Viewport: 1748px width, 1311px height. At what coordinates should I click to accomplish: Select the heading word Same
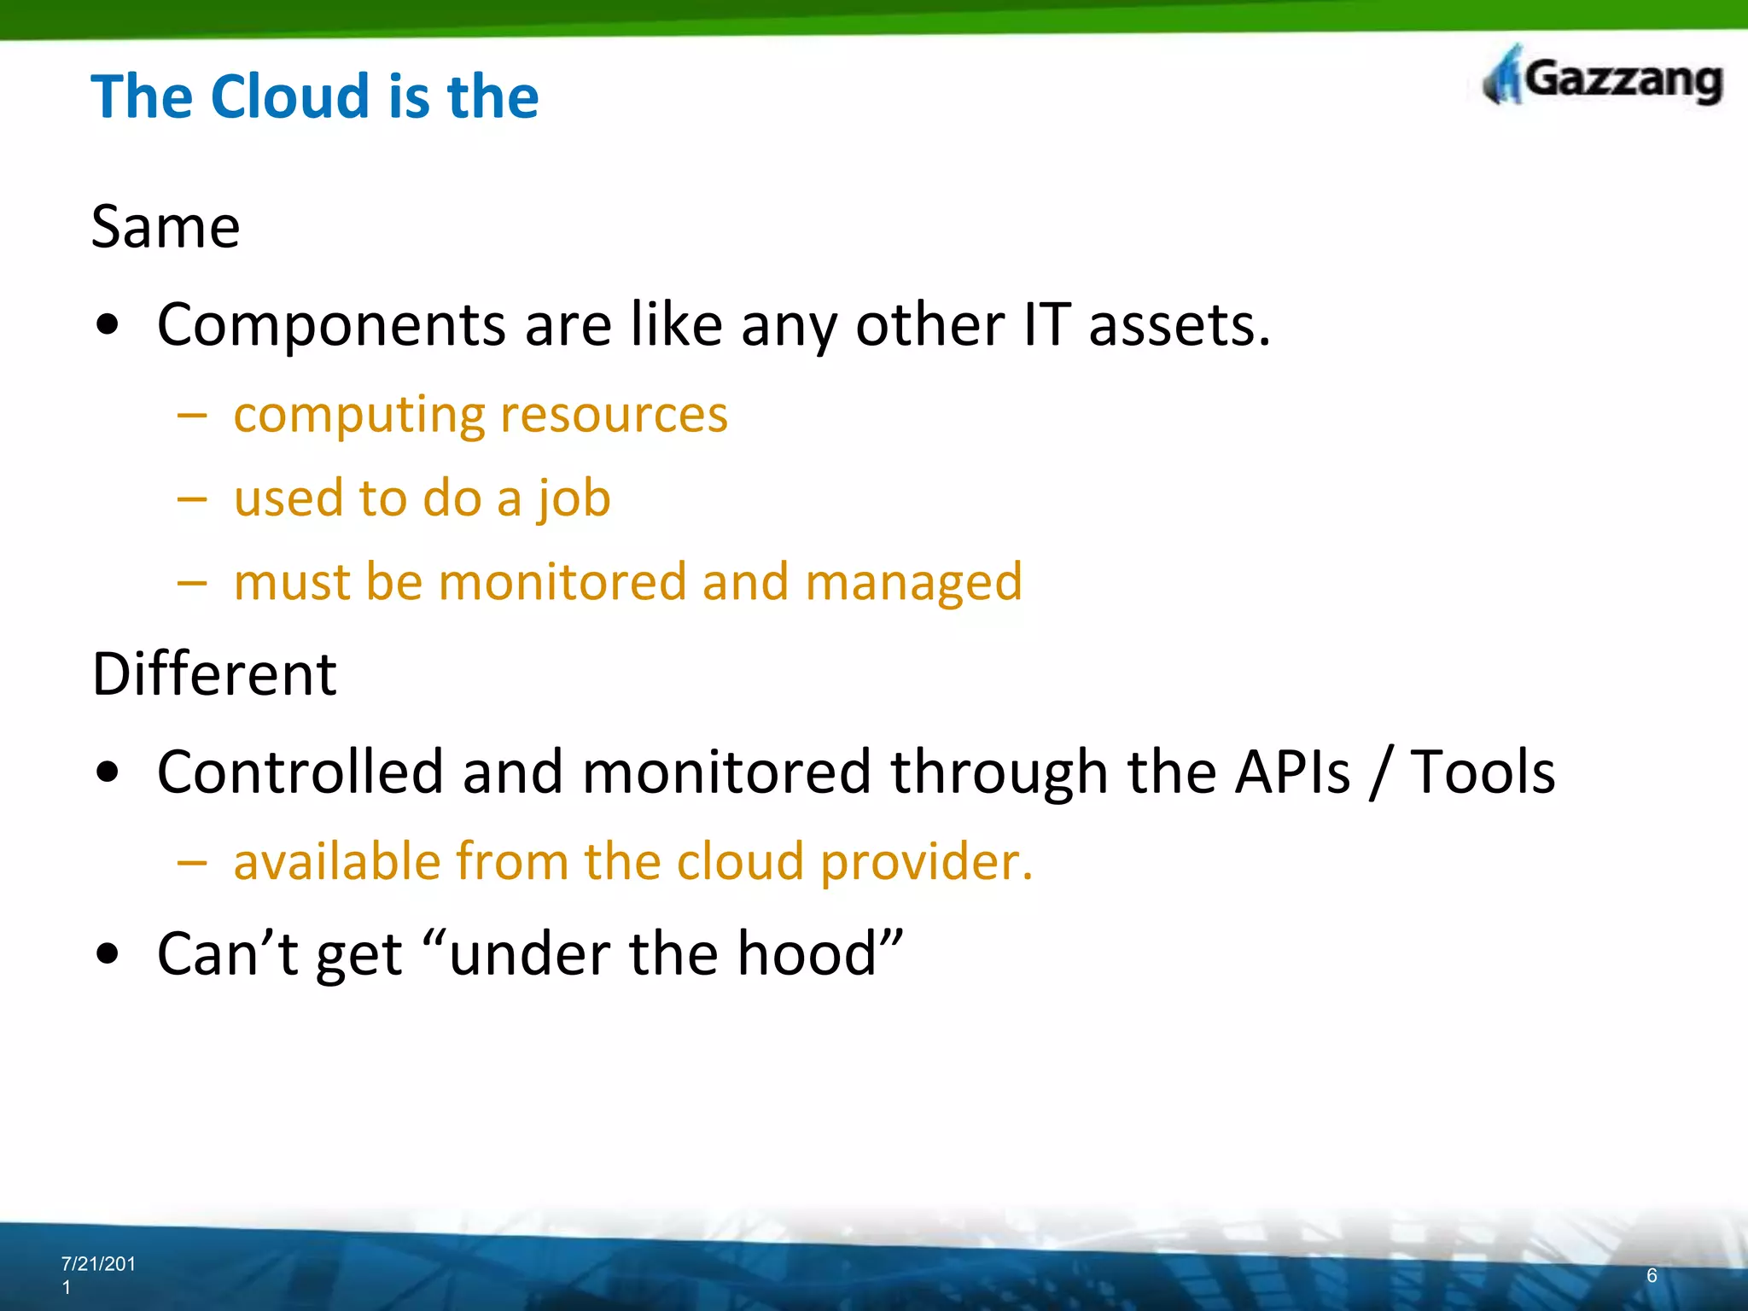click(166, 227)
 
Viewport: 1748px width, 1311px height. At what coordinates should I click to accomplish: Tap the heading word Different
click(214, 674)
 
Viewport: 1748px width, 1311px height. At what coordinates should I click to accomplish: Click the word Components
click(332, 325)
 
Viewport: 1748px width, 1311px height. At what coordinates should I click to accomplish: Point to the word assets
click(1179, 325)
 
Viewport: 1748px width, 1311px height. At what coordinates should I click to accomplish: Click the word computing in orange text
click(358, 415)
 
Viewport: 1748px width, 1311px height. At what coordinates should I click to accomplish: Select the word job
click(574, 498)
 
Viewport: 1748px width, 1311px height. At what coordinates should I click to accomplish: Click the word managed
click(912, 582)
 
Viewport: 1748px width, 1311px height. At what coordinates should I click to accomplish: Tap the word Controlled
click(300, 772)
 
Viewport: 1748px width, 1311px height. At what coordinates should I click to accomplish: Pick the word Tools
click(1482, 772)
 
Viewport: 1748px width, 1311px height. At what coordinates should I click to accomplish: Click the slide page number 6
click(1652, 1275)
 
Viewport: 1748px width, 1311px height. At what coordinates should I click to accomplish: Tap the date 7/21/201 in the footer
click(98, 1264)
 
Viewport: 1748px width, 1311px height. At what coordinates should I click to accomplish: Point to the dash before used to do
click(192, 498)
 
